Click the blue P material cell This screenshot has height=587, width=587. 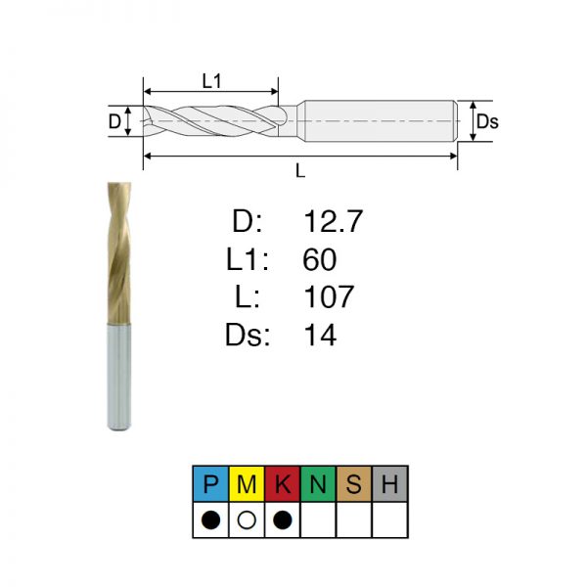(x=210, y=483)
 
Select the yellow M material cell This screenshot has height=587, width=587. (x=247, y=483)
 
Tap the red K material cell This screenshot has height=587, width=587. (x=283, y=483)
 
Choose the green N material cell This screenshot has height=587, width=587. (x=318, y=483)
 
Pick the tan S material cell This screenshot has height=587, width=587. (x=354, y=483)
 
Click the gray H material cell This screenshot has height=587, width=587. (x=389, y=483)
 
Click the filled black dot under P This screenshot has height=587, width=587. (x=210, y=520)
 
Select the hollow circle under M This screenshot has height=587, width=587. (x=247, y=520)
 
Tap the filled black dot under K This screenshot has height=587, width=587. (x=283, y=520)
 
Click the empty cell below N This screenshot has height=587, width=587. (x=318, y=520)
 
